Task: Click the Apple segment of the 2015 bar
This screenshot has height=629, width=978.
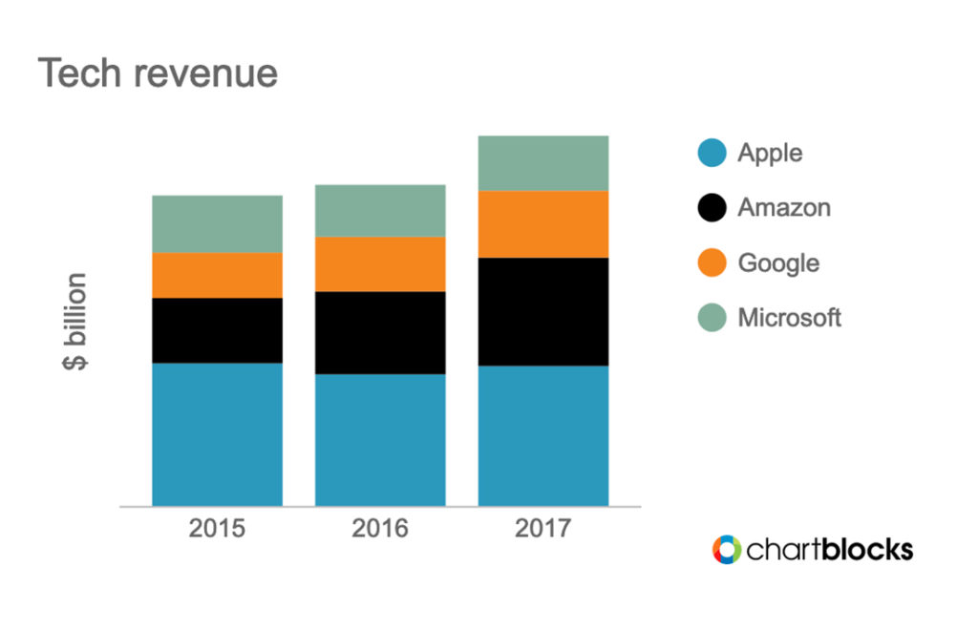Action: coord(217,434)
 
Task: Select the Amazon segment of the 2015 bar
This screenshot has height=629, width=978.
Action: coord(217,330)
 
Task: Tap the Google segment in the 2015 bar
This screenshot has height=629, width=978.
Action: coord(217,275)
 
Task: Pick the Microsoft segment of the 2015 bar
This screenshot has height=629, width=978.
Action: coord(217,224)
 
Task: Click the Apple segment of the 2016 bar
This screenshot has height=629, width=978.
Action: coord(380,439)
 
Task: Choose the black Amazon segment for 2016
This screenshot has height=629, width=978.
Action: coord(380,332)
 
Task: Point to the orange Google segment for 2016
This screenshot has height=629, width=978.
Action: coord(380,263)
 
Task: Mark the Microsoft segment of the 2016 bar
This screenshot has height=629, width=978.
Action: coord(380,210)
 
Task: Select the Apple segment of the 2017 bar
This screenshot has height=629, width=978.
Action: coord(543,435)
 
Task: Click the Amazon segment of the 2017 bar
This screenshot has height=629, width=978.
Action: coord(543,311)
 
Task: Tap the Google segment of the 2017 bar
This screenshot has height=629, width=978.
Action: coord(543,223)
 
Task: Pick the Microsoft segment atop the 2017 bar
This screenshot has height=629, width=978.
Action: coord(543,162)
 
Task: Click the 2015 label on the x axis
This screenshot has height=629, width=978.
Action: coord(217,528)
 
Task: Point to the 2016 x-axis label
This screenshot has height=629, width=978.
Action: coord(380,528)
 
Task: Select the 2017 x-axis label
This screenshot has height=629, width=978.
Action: coord(543,528)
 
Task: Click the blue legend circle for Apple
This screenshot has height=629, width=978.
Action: coord(712,153)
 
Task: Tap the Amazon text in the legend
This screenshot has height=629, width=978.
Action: coord(784,207)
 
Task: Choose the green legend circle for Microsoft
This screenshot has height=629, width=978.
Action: coord(712,317)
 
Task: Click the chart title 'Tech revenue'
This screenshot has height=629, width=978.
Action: coord(158,73)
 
